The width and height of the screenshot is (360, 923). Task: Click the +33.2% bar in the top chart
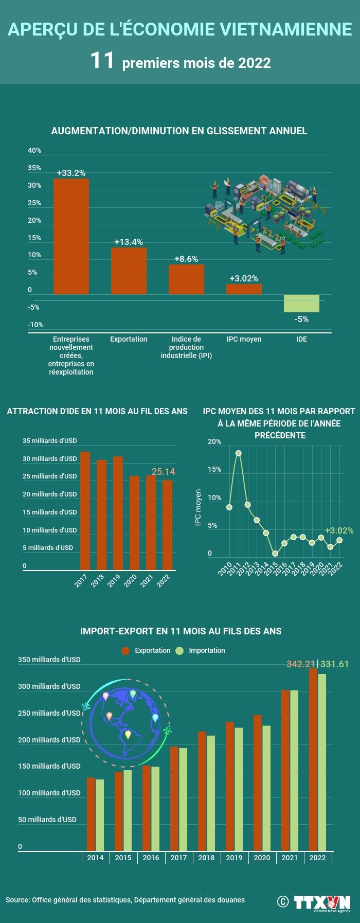point(71,236)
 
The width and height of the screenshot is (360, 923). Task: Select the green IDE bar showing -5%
point(301,304)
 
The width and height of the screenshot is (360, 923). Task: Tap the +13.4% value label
point(129,242)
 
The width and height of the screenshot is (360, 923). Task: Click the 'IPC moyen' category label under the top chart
point(244,339)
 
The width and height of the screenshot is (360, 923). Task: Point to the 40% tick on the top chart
point(34,151)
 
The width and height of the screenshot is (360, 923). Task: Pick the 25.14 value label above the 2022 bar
point(163,471)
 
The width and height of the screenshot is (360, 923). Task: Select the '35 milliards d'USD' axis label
point(49,440)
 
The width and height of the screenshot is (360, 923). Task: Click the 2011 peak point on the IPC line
point(238,453)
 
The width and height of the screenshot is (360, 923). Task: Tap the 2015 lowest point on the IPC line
point(275,554)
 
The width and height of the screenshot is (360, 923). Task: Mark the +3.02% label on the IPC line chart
point(339,530)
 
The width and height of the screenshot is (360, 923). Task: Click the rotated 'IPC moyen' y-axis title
point(198,507)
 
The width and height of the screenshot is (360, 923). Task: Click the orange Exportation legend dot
point(125,651)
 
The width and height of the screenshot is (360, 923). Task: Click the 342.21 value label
point(301,664)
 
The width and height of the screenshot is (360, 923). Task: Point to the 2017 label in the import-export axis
point(178,858)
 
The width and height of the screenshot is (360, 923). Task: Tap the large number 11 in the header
point(102,61)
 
